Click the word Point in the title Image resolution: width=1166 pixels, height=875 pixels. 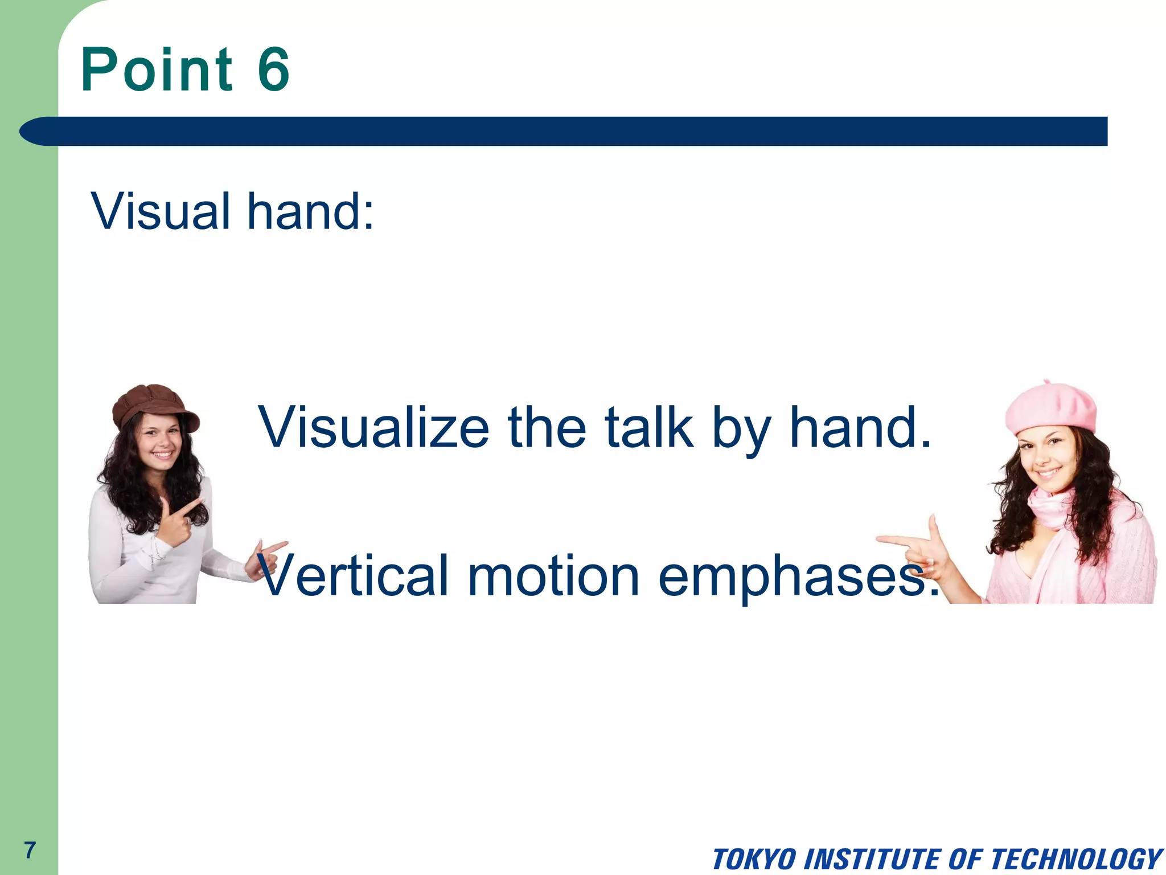pyautogui.click(x=157, y=69)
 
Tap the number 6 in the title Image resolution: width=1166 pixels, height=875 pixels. pyautogui.click(x=274, y=69)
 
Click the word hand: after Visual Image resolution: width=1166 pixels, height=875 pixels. pyautogui.click(x=311, y=211)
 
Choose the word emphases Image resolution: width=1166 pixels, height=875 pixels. pyautogui.click(x=797, y=576)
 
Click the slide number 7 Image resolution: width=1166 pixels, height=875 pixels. pyautogui.click(x=30, y=850)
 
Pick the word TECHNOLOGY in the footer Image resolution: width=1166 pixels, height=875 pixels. pyautogui.click(x=1076, y=859)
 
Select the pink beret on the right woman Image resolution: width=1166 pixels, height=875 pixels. pyautogui.click(x=1051, y=408)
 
